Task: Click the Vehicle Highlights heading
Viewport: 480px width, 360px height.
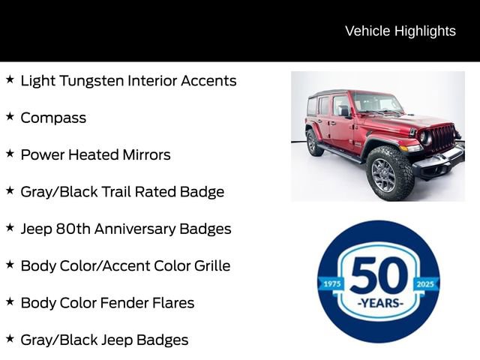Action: pyautogui.click(x=400, y=31)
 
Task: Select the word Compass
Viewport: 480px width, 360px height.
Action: pyautogui.click(x=53, y=118)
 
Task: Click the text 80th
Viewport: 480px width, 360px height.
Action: pyautogui.click(x=73, y=229)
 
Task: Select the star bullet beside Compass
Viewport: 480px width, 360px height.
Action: pyautogui.click(x=10, y=116)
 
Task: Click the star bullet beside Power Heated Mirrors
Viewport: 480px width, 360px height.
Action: pyautogui.click(x=10, y=153)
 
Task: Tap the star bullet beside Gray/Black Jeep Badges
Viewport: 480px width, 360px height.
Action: pyautogui.click(x=10, y=338)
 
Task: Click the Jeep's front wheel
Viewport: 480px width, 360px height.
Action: pyautogui.click(x=383, y=174)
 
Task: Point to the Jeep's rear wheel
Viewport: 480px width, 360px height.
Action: pyautogui.click(x=314, y=142)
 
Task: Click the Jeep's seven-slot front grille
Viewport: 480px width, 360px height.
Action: pyautogui.click(x=442, y=138)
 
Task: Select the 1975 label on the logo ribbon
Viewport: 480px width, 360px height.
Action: pyautogui.click(x=331, y=283)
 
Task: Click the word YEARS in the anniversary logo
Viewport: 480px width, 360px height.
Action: pyautogui.click(x=379, y=304)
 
